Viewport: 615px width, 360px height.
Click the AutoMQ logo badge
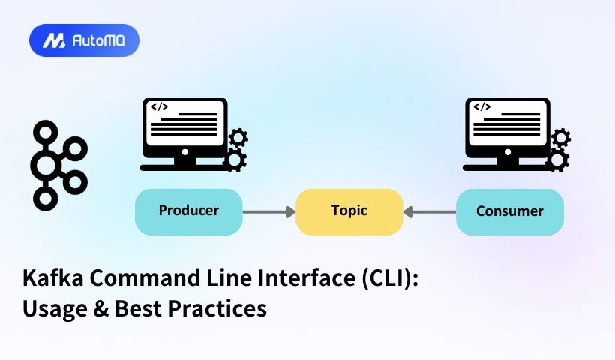84,40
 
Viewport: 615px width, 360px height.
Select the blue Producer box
188,211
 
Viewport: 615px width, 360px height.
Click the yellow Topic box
349,211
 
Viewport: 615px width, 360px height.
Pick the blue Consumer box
509,211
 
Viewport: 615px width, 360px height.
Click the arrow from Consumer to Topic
430,212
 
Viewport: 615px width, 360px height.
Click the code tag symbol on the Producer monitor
159,107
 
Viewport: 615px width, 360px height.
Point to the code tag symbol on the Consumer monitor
481,107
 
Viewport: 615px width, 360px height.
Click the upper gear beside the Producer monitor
238,137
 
